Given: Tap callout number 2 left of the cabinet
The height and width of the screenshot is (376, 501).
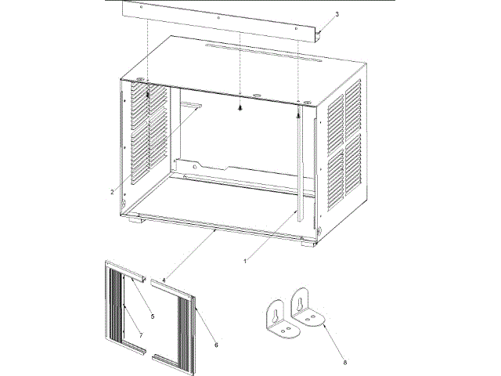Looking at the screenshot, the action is point(113,190).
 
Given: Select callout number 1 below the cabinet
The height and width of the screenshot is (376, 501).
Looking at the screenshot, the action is point(247,258).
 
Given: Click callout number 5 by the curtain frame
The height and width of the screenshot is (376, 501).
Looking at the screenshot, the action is point(153,316).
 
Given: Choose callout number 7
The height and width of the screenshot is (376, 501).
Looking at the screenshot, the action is point(142,335).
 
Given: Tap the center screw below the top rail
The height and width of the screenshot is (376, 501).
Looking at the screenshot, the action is point(240,108).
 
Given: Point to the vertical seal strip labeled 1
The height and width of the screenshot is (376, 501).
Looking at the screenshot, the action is point(300,164).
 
